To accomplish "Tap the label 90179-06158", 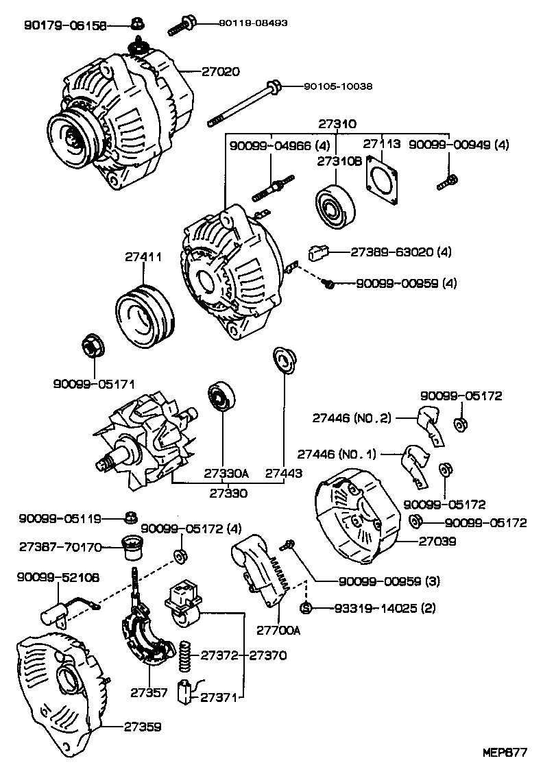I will pos(65,26).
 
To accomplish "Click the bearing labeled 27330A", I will pos(221,398).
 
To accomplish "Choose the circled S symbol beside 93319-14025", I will pos(306,608).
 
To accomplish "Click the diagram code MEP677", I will pos(505,753).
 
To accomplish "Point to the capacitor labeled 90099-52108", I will pos(56,614).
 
